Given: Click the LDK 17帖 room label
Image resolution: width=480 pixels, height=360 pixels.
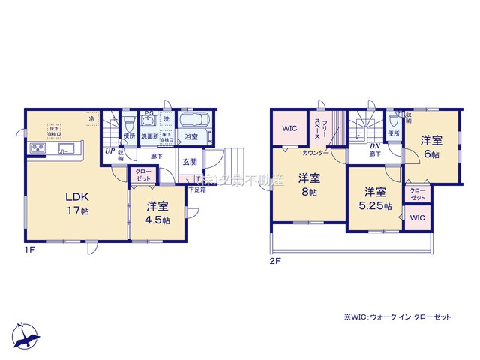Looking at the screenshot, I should tap(80, 203).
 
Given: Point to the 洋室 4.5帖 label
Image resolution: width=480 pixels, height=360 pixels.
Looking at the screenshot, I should tap(156, 212).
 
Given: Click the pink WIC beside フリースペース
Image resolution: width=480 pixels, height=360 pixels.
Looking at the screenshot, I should tap(289, 128).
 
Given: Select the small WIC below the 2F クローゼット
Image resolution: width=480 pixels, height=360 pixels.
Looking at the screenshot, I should tap(416, 217).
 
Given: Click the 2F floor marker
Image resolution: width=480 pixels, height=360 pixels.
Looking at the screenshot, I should tap(277, 262).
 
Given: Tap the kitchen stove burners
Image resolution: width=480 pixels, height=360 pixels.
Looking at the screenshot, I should tap(37, 148).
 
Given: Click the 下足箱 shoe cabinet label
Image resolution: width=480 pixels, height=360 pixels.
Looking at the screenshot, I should tap(196, 189).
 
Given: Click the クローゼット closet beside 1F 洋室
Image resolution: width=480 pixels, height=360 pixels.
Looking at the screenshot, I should tap(142, 175).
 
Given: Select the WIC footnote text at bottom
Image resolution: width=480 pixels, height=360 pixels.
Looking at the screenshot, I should tap(397, 317).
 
